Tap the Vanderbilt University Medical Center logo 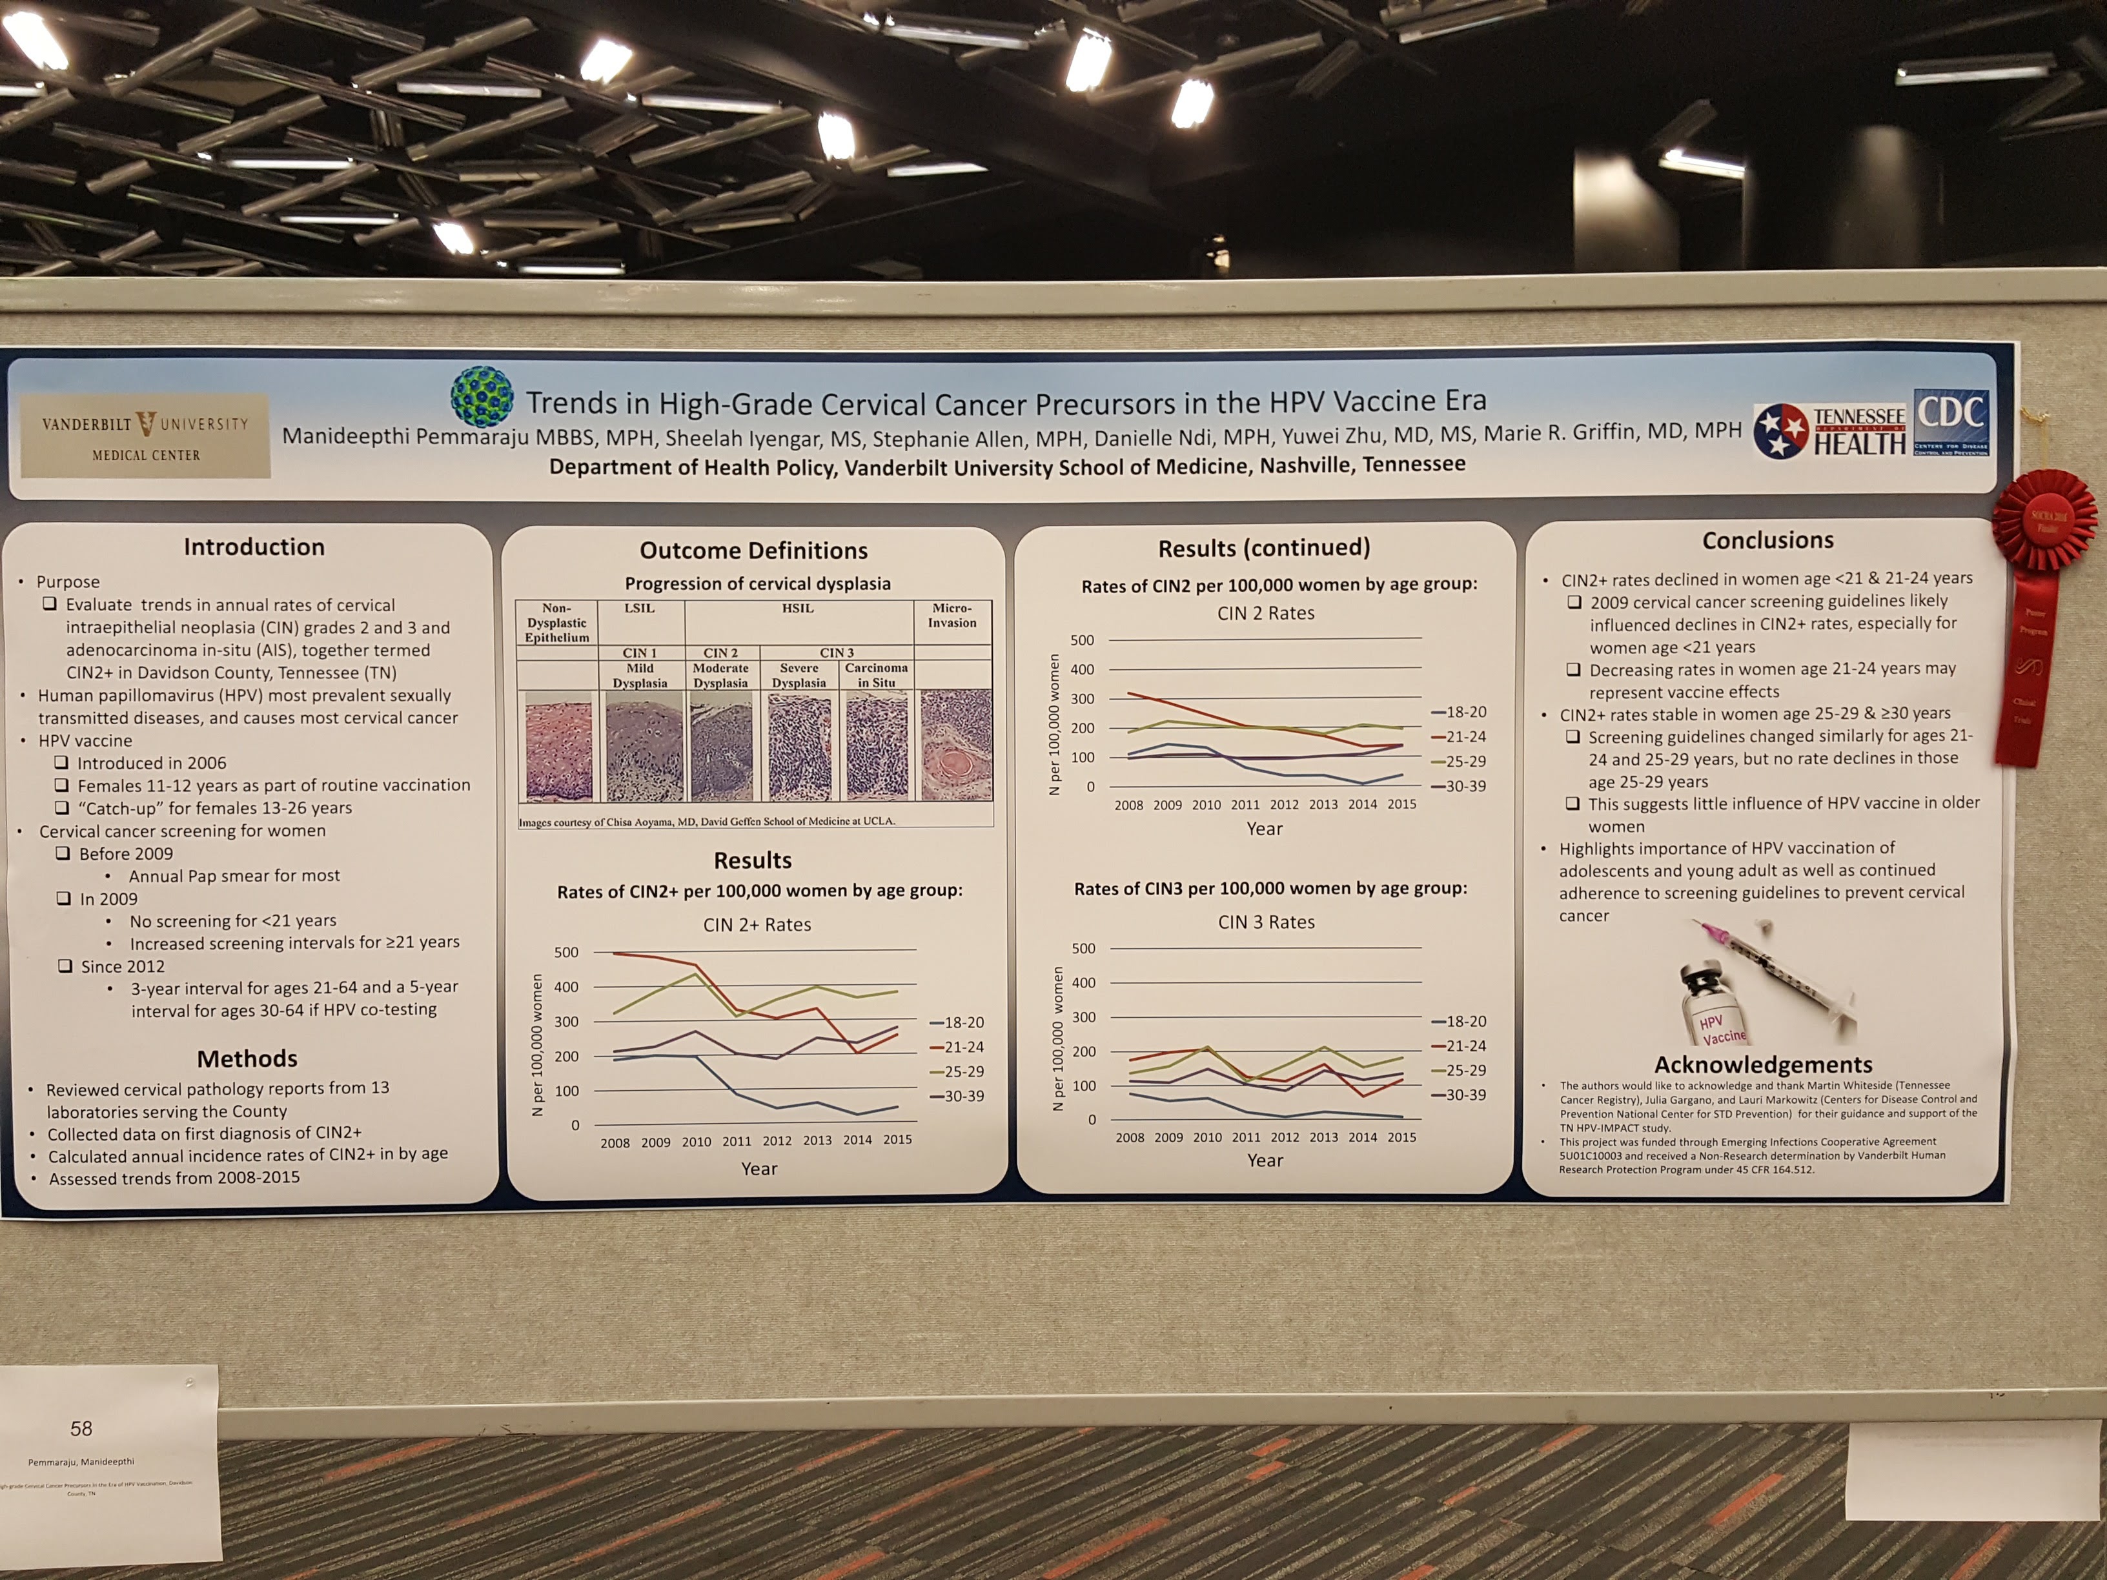click(146, 437)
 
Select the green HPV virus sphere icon click(482, 397)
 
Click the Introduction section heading click(254, 547)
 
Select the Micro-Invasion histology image click(955, 745)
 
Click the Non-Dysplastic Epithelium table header click(556, 622)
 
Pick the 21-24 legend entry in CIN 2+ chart click(957, 1047)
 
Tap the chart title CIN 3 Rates click(1266, 922)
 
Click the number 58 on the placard click(82, 1428)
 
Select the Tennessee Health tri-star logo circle click(1781, 431)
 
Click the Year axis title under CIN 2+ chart click(759, 1169)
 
